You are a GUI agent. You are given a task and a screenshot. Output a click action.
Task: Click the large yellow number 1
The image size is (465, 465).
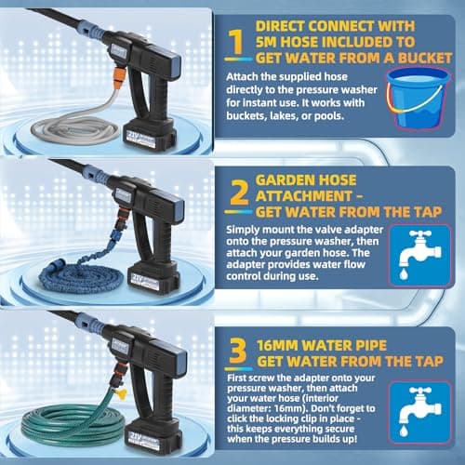click(x=237, y=42)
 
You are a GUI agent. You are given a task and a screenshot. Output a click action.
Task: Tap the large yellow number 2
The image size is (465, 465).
click(x=240, y=193)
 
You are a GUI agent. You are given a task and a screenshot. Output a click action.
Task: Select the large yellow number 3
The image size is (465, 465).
click(x=238, y=351)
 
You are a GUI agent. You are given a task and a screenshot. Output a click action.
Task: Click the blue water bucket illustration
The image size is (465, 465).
click(x=418, y=98)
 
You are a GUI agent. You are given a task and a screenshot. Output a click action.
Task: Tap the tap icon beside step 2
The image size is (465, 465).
click(x=419, y=255)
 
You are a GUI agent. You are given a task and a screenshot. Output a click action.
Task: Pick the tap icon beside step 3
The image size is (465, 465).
click(x=420, y=412)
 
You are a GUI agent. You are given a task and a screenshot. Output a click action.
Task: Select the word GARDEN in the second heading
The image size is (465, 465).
click(x=306, y=180)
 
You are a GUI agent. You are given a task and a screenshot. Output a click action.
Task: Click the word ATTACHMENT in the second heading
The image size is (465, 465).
click(x=304, y=196)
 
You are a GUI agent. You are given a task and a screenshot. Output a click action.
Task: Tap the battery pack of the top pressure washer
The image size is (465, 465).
click(x=151, y=136)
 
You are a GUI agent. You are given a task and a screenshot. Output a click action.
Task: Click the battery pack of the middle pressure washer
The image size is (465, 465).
click(x=154, y=278)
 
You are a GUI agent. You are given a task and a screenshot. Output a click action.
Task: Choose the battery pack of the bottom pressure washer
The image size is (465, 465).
click(x=153, y=436)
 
